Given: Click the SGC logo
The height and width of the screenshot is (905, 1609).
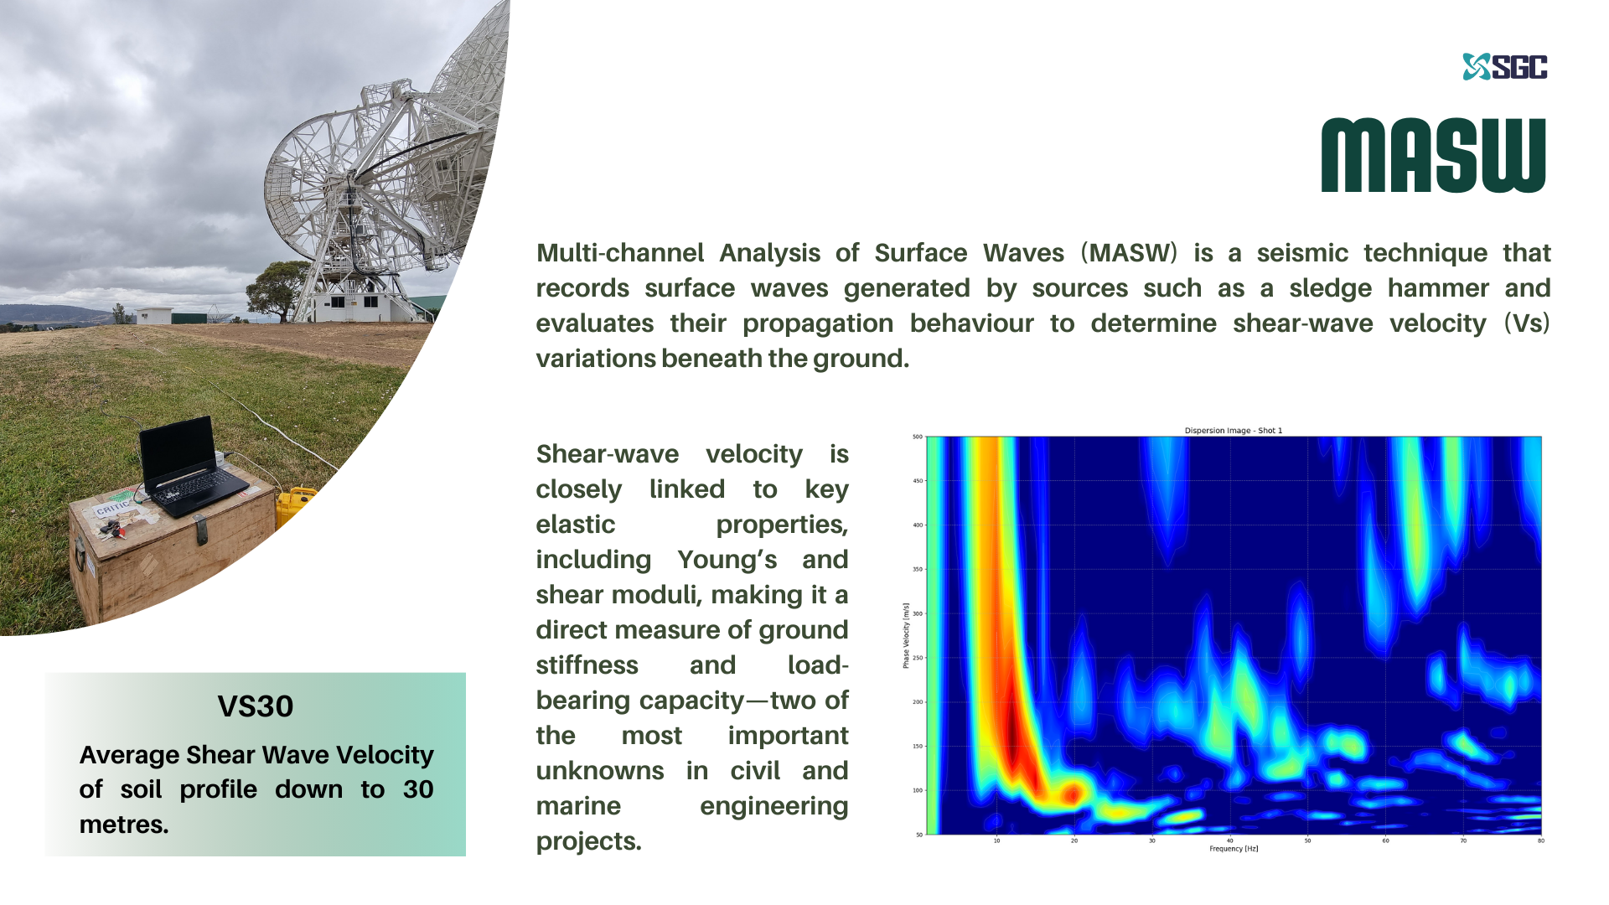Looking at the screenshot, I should tap(1505, 67).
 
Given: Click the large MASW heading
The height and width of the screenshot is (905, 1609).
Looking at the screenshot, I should tap(1433, 156).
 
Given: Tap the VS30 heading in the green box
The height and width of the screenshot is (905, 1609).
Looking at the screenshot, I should tap(256, 706).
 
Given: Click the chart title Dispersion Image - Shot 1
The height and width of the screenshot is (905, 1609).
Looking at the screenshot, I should tap(1233, 431).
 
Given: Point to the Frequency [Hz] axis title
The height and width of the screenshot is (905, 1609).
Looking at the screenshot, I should tap(1234, 849).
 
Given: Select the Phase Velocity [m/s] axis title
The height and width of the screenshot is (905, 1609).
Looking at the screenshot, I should tap(906, 635).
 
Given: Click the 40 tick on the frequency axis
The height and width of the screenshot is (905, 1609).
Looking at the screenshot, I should tap(1229, 840).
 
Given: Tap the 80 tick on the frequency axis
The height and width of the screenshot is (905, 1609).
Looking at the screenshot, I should tap(1540, 840).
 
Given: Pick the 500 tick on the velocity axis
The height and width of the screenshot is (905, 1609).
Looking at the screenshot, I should tap(917, 437).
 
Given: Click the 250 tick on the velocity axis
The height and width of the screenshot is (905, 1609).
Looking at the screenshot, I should tap(917, 658).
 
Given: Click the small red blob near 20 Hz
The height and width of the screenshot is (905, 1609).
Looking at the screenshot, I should tap(1072, 792).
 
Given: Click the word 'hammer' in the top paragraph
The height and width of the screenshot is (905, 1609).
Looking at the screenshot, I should tap(1437, 288).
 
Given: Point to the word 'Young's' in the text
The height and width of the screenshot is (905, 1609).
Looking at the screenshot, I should tap(727, 560).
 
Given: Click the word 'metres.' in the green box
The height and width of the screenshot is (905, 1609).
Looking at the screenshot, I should tap(124, 825).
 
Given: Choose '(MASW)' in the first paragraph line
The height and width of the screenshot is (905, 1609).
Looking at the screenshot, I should tap(1129, 253).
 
